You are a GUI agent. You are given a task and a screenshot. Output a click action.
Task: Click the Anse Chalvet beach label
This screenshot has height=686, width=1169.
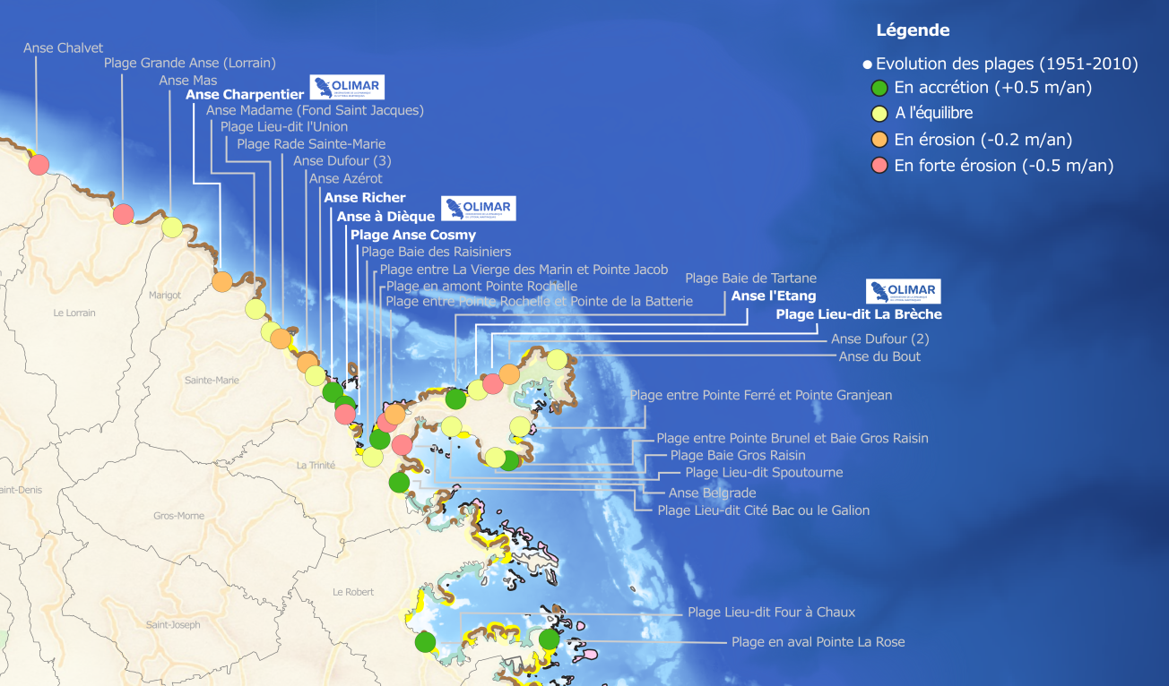(x=63, y=48)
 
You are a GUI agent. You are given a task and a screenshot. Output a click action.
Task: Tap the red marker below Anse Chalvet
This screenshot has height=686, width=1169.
(x=38, y=165)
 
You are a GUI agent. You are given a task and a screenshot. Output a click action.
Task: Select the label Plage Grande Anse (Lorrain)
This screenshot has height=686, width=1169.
(x=189, y=64)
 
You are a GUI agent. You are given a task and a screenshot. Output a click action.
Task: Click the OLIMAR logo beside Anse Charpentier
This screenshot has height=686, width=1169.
(x=347, y=87)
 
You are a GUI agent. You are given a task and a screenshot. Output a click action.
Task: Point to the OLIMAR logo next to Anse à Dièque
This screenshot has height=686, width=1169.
(x=479, y=209)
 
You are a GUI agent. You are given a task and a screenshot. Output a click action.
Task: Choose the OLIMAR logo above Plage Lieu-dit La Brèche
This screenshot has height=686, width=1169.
(x=904, y=292)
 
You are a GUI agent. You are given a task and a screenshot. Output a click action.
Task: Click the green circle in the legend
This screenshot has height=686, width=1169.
(x=879, y=88)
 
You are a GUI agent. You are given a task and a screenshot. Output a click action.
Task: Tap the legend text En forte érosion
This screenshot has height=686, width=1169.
(x=1003, y=166)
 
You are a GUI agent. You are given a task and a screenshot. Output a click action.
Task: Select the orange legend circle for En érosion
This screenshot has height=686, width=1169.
(x=879, y=140)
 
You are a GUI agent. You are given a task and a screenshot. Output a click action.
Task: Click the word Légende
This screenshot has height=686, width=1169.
(x=913, y=30)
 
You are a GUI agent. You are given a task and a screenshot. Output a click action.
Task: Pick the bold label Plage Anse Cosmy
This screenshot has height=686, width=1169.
(x=413, y=235)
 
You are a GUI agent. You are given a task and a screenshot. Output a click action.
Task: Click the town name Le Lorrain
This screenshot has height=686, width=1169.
(x=74, y=313)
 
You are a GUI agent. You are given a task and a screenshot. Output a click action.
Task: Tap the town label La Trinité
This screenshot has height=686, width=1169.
(x=316, y=466)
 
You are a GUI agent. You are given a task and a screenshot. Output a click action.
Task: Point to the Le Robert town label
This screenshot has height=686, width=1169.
(x=352, y=592)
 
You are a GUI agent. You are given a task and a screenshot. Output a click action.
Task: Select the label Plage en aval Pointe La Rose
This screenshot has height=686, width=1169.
(x=818, y=642)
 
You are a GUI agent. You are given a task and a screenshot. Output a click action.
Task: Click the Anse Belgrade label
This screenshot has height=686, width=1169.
(x=712, y=493)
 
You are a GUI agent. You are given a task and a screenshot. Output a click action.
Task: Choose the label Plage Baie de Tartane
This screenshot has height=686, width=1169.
(x=750, y=279)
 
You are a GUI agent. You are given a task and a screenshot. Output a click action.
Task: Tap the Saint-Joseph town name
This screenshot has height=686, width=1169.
(x=173, y=625)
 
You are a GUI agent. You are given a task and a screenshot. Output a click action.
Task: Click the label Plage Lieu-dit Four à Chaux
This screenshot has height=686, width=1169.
(x=771, y=613)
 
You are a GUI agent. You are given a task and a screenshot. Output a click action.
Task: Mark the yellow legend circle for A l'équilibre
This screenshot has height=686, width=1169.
(x=879, y=114)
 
